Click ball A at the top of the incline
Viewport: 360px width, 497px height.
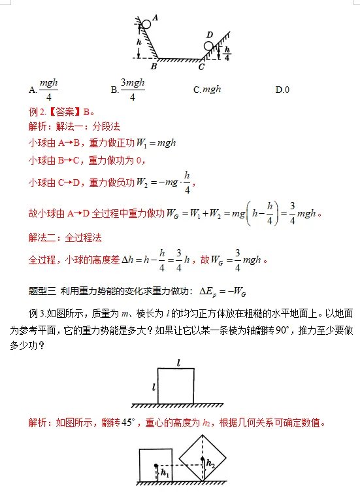point(146,24)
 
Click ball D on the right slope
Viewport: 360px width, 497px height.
point(209,46)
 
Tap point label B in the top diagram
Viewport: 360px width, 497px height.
point(154,66)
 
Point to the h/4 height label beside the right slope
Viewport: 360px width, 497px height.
point(227,52)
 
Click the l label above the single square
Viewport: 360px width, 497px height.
point(178,361)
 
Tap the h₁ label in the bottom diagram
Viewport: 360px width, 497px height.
point(165,473)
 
